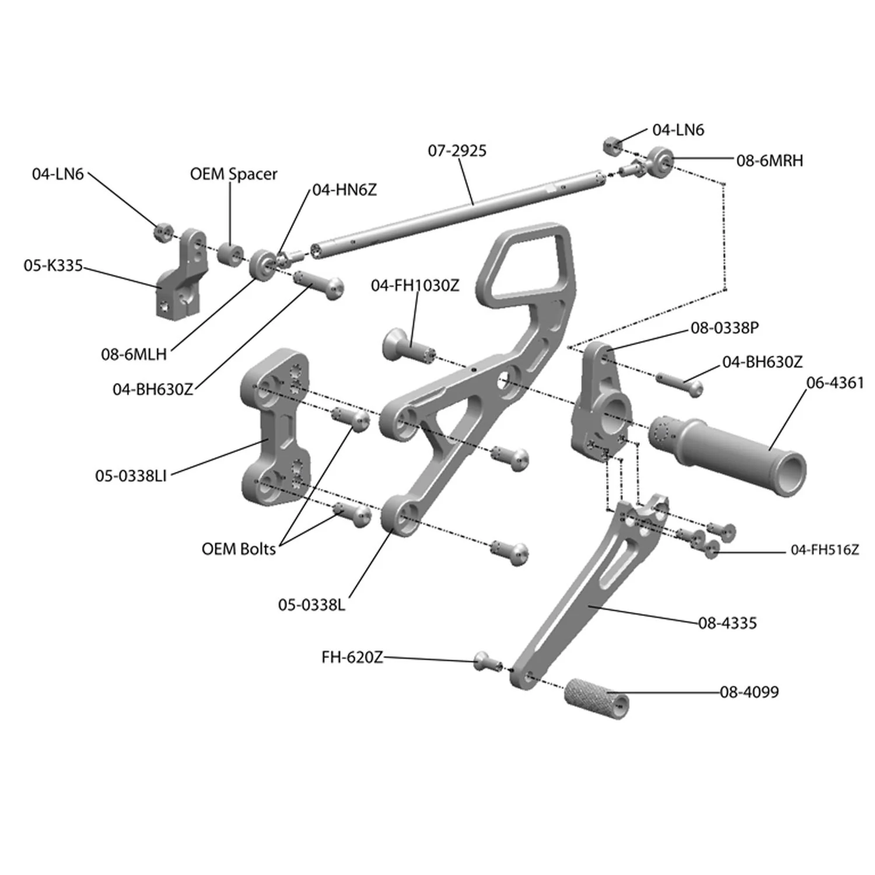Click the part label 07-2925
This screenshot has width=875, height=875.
pos(457,150)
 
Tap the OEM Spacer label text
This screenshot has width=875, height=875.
pos(233,174)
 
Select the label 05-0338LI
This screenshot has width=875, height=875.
pos(131,475)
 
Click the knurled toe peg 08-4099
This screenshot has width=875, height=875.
pos(596,698)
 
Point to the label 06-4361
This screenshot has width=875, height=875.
pos(834,383)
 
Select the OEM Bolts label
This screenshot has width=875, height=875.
pos(238,549)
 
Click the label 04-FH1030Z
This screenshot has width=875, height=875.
pos(415,285)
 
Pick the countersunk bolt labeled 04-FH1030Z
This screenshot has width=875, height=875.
pos(407,346)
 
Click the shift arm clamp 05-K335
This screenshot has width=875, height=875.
pos(183,277)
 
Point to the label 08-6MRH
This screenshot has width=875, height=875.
pos(769,160)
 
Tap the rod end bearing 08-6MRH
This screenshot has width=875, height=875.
pos(659,160)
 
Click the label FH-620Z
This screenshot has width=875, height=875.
pos(352,657)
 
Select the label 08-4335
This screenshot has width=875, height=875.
pos(727,623)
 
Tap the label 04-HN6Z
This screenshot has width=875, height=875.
pos(344,190)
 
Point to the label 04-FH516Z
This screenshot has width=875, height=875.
pos(824,549)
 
